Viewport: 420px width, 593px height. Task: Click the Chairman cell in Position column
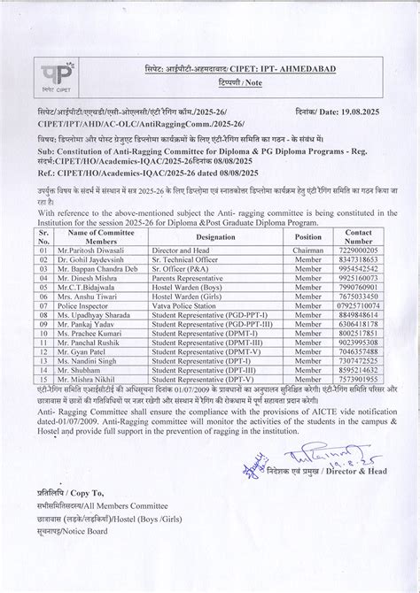308,227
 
